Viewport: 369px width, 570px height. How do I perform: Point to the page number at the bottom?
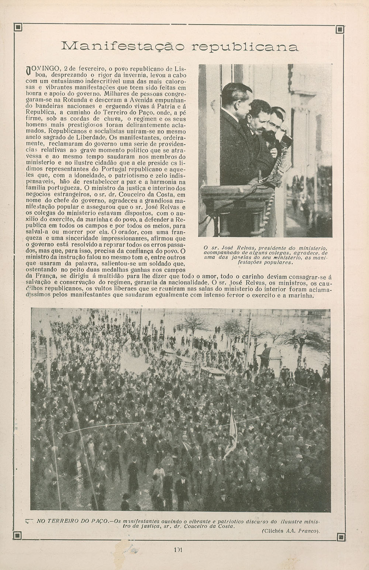(x=179, y=549)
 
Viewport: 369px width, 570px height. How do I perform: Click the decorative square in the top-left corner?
(x=17, y=27)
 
